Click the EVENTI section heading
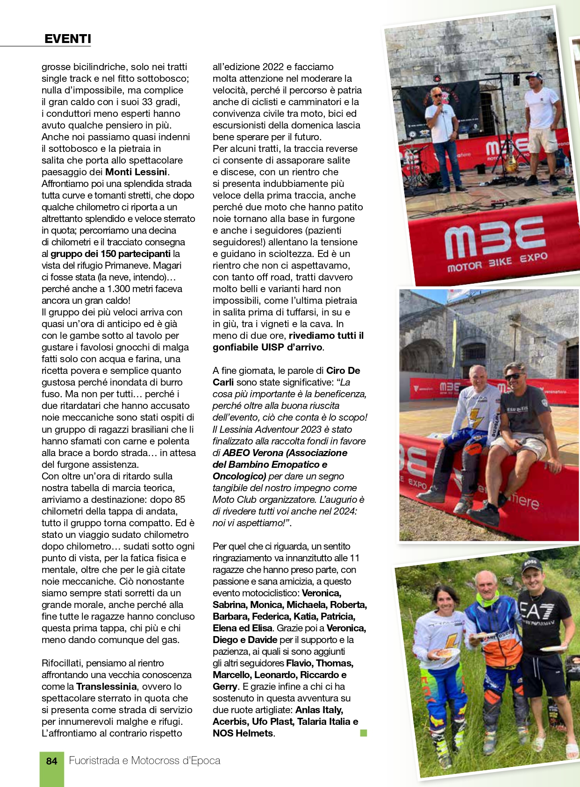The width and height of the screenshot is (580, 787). point(68,39)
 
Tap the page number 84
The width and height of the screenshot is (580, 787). point(51,761)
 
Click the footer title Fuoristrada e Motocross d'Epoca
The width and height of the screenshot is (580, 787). point(144,761)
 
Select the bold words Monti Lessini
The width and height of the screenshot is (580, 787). point(136,172)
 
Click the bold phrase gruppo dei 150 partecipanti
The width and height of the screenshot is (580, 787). point(110,254)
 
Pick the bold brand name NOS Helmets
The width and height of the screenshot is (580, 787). point(243,733)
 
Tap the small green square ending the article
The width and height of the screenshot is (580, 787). point(364,733)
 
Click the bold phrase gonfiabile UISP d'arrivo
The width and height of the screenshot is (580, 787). point(267,347)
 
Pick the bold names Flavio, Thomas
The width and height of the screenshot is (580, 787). point(319,663)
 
